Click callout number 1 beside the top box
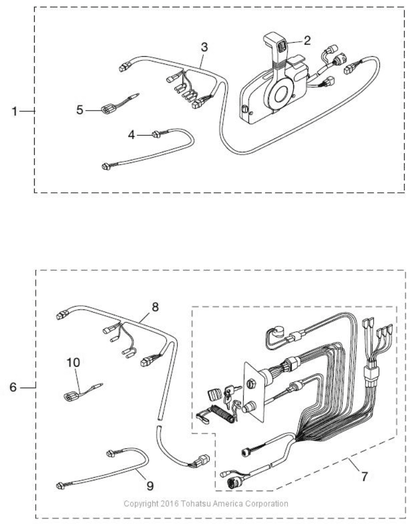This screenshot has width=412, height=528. [x=14, y=111]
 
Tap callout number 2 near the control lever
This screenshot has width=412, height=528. [x=307, y=41]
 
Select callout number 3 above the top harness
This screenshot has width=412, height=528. [x=204, y=48]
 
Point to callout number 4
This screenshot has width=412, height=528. [x=131, y=135]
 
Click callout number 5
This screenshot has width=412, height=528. [x=80, y=110]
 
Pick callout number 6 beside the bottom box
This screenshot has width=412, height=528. [x=13, y=387]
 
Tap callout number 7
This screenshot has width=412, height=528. [x=364, y=477]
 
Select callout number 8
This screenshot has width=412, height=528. [x=155, y=307]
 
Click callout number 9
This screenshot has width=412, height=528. [x=150, y=486]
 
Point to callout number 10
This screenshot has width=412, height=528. [x=73, y=362]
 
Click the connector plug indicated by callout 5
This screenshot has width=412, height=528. [x=108, y=109]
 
